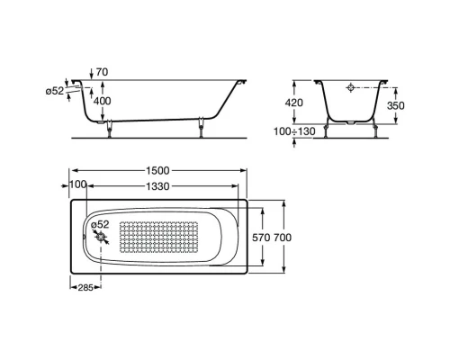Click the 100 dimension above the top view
click(x=77, y=184)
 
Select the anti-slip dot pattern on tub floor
click(x=171, y=237)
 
